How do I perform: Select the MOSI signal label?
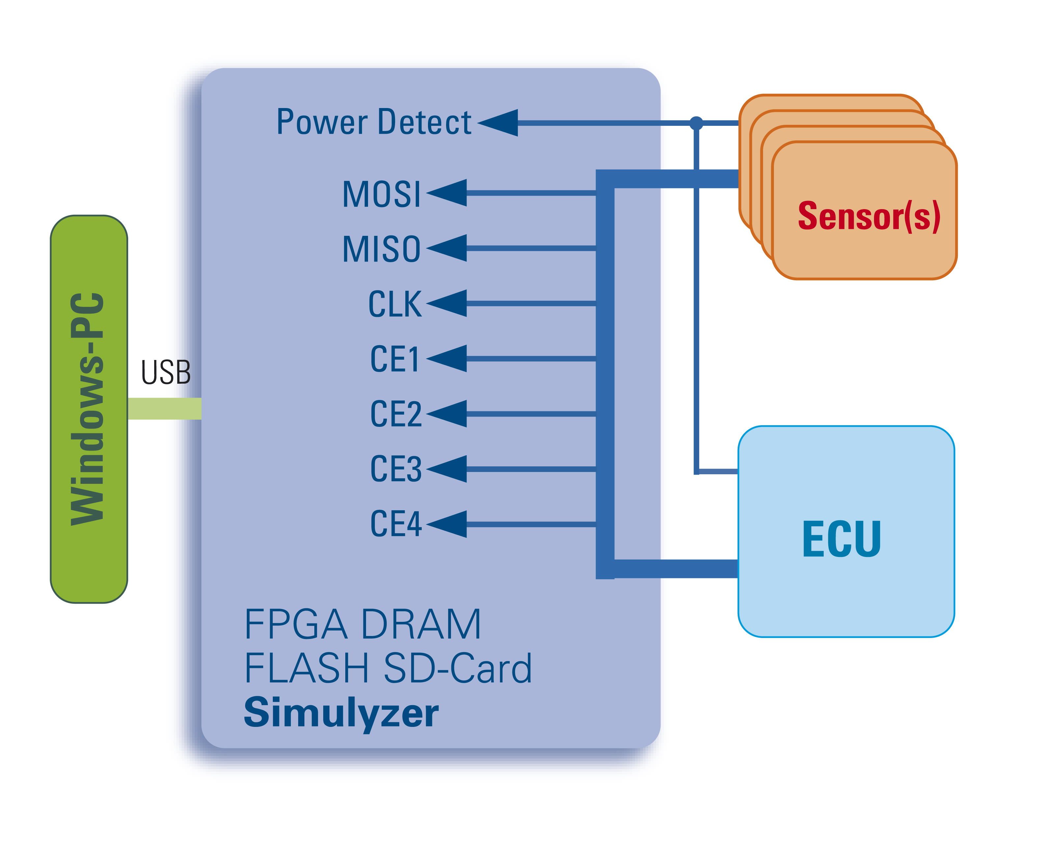click(x=381, y=194)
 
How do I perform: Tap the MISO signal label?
click(x=381, y=249)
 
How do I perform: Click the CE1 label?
click(x=395, y=359)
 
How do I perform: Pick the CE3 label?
click(x=396, y=469)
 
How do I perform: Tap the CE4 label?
click(x=396, y=524)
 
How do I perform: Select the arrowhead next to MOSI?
click(x=448, y=193)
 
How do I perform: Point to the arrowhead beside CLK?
click(x=448, y=303)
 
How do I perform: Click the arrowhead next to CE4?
click(x=448, y=524)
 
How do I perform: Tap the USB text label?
click(x=166, y=372)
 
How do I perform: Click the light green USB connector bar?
click(x=164, y=409)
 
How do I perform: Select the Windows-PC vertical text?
click(x=88, y=409)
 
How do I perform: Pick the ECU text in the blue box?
click(x=841, y=539)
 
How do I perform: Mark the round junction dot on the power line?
click(x=696, y=123)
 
